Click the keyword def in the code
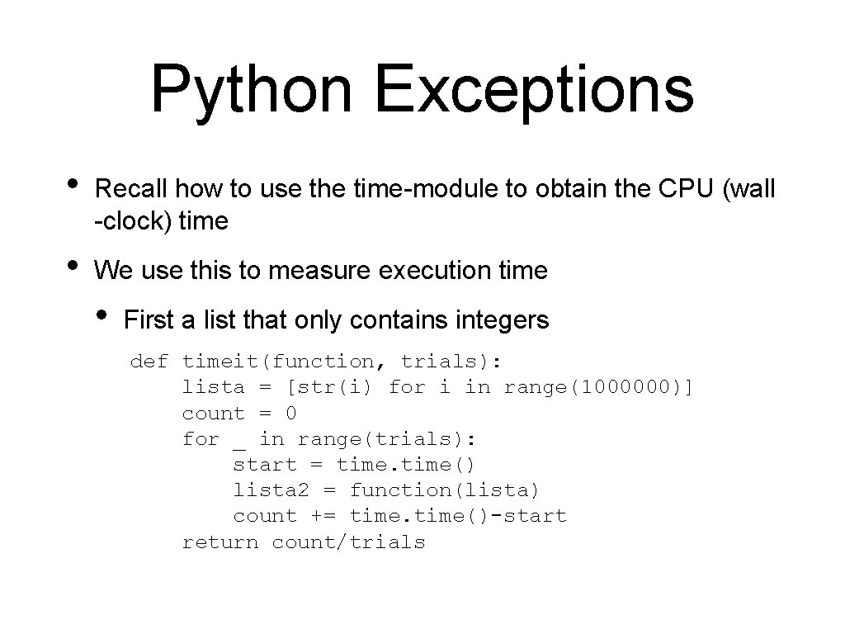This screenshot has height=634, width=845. tap(149, 361)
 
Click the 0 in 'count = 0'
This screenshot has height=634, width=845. tap(290, 413)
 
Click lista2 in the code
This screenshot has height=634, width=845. tap(271, 490)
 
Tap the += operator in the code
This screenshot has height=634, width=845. tap(323, 516)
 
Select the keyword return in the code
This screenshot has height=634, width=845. tap(220, 542)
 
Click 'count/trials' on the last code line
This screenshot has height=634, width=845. tap(348, 542)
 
